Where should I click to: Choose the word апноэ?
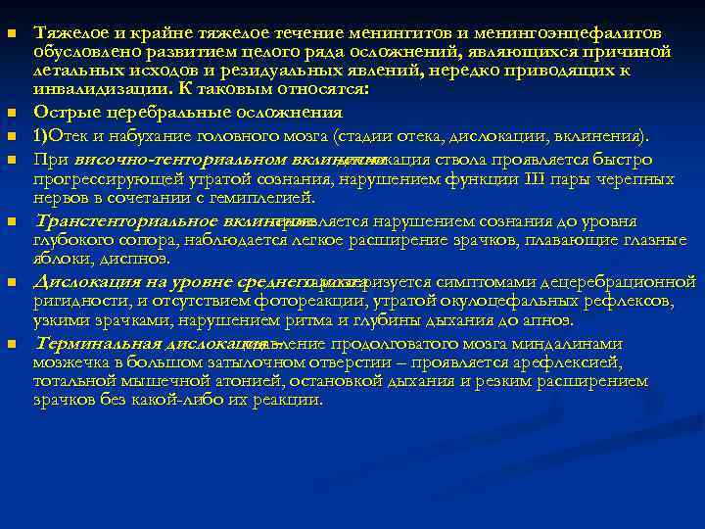pyautogui.click(x=550, y=320)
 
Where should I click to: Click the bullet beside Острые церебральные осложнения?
pyautogui.click(x=11, y=114)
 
